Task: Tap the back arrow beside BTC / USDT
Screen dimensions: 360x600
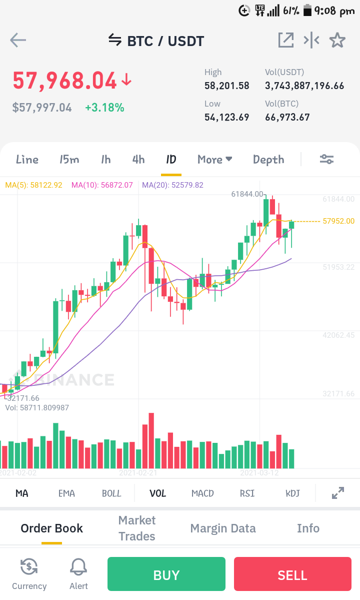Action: [x=18, y=40]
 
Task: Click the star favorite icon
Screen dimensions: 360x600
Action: [x=337, y=40]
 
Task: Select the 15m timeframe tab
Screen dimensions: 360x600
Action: [x=69, y=160]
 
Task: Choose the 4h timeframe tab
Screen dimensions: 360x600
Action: [x=138, y=160]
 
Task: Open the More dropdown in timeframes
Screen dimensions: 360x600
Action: [x=215, y=160]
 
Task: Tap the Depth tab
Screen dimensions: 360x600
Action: [x=268, y=160]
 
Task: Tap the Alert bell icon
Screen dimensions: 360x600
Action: [x=78, y=566]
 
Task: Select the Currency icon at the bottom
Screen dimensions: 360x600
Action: [x=29, y=566]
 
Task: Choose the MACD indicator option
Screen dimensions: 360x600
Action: [x=202, y=493]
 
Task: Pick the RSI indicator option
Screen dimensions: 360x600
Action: [x=247, y=493]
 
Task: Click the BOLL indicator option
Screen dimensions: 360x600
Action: [x=111, y=493]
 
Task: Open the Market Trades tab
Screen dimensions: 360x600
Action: [x=137, y=528]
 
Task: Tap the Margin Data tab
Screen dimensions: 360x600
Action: [x=223, y=528]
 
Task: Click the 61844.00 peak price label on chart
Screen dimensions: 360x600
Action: [x=247, y=194]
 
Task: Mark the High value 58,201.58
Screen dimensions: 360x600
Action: [x=227, y=86]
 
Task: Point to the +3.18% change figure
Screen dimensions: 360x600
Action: [x=104, y=108]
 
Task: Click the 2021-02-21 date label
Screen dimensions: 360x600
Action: [x=138, y=473]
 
